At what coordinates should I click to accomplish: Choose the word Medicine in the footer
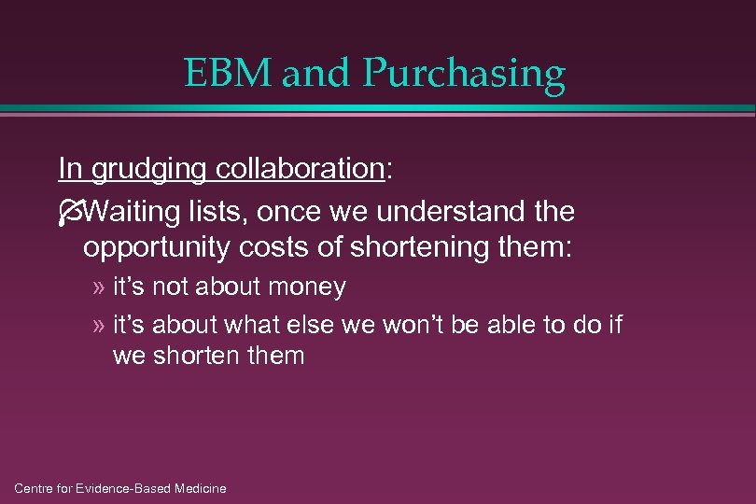197,488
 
